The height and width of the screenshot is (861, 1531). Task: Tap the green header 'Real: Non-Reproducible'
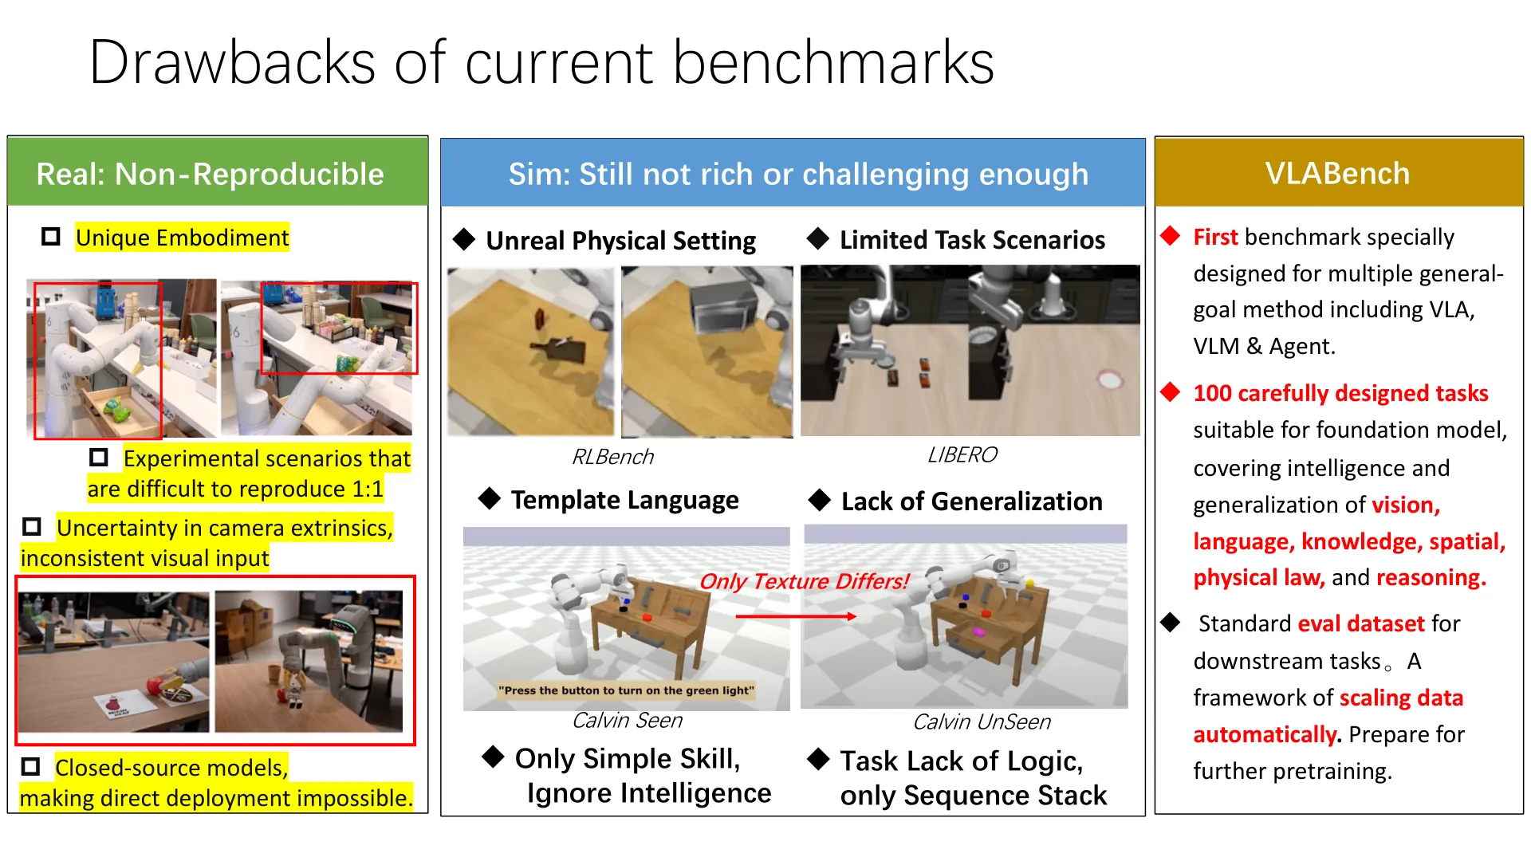click(218, 172)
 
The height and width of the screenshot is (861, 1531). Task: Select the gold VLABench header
click(1339, 173)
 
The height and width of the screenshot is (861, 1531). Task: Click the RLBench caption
click(612, 457)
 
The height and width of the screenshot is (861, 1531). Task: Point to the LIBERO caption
click(962, 454)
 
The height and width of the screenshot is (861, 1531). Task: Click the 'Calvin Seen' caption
click(627, 721)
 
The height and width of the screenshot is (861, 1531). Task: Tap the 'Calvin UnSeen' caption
click(982, 722)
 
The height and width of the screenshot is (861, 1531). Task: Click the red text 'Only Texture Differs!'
click(804, 581)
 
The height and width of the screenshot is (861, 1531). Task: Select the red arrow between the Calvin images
click(796, 616)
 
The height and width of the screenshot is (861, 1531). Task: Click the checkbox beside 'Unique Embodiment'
click(51, 237)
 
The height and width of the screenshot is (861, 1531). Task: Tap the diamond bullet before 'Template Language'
click(489, 499)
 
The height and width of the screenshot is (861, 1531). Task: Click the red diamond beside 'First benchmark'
click(1171, 236)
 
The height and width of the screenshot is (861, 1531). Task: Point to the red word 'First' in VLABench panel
click(1215, 237)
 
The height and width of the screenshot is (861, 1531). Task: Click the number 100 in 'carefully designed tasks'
click(1213, 393)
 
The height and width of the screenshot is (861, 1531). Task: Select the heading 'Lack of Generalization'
click(972, 501)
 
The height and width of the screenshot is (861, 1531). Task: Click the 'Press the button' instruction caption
click(626, 690)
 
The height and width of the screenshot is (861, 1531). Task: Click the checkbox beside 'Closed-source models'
click(31, 767)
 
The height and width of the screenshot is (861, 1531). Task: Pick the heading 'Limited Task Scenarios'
click(972, 240)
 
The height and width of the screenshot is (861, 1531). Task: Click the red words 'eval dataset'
click(1361, 623)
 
